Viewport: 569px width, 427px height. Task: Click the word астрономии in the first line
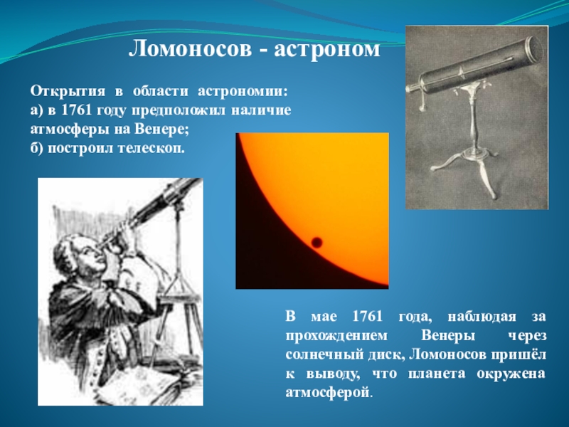point(243,93)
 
